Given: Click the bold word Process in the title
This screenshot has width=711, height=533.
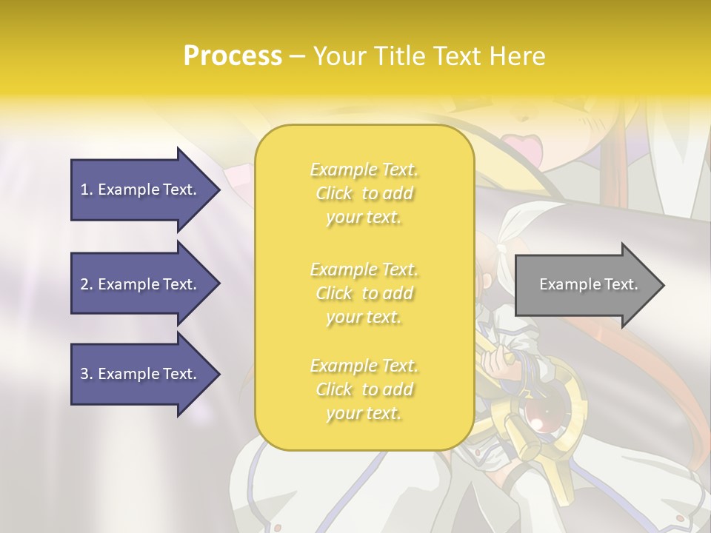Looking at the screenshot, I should click(233, 56).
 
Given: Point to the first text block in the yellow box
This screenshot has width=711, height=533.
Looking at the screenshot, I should click(364, 193).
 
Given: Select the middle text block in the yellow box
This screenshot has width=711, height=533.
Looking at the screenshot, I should click(364, 293).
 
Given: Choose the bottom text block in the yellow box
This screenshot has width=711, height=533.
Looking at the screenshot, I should click(364, 389).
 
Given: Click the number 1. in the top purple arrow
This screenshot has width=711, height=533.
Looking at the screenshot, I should click(87, 190).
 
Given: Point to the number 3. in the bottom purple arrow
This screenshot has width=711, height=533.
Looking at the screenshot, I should click(87, 374).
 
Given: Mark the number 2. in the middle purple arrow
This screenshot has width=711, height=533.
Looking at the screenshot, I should click(87, 284).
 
